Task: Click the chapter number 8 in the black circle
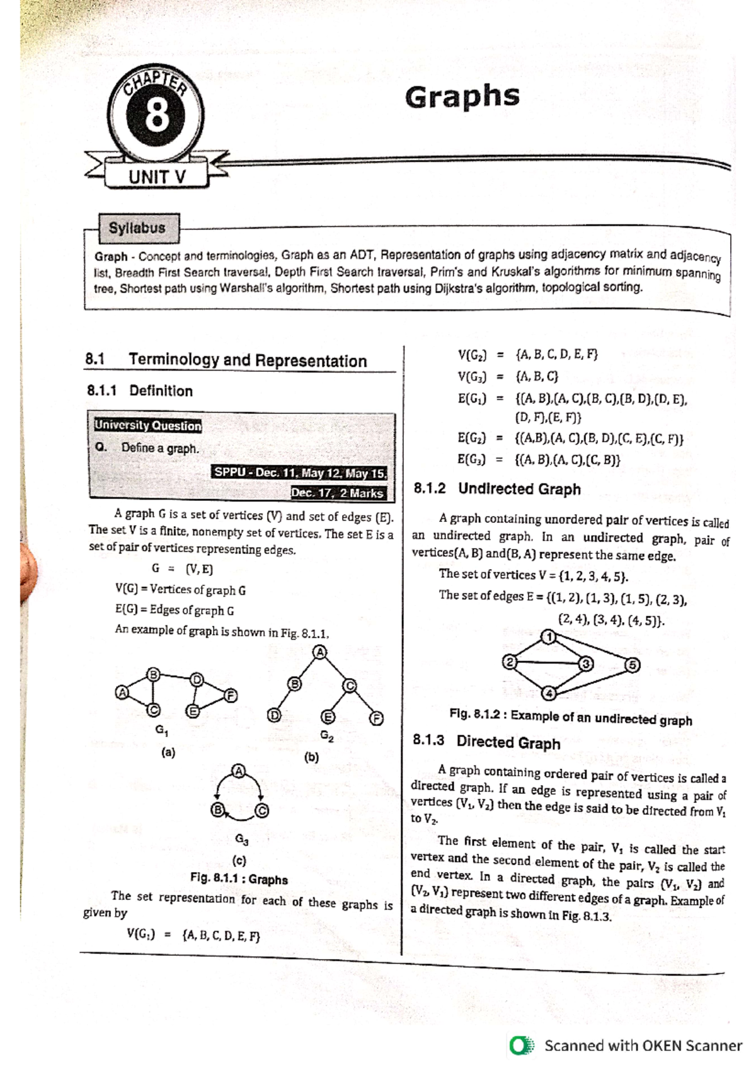[x=156, y=117]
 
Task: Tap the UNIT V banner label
[x=157, y=177]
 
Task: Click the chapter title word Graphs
[x=462, y=97]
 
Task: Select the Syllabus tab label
[x=137, y=228]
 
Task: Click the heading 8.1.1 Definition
[x=140, y=391]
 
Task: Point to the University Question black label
[x=148, y=425]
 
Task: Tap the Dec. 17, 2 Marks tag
[x=337, y=493]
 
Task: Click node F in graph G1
[x=231, y=696]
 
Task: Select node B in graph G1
[x=152, y=674]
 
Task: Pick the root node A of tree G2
[x=321, y=652]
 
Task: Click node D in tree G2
[x=273, y=715]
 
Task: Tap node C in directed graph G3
[x=262, y=811]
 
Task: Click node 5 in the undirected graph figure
[x=633, y=665]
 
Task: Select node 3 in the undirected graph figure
[x=586, y=664]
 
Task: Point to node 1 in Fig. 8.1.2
[x=549, y=636]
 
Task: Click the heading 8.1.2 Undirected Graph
[x=497, y=488]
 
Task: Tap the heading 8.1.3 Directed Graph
[x=486, y=742]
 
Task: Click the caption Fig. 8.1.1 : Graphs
[x=239, y=879]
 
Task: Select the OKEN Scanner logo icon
[x=521, y=1045]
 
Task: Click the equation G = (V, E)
[x=182, y=569]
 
